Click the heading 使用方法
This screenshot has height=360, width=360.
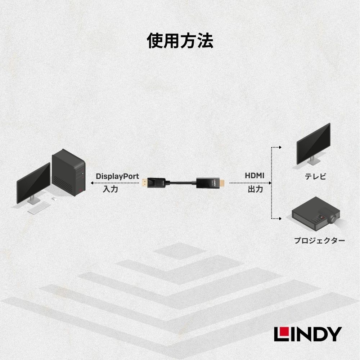[x=180, y=41]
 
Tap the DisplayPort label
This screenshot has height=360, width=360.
[x=117, y=176]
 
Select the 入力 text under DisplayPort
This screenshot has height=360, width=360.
[x=110, y=189]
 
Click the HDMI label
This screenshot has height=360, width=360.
[x=255, y=176]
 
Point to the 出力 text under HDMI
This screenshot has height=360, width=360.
[x=255, y=189]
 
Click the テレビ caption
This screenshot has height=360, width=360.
[x=315, y=176]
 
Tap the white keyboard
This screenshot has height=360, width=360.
[x=39, y=208]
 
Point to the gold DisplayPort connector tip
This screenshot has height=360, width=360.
[x=144, y=183]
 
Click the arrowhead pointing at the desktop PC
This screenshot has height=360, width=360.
[x=92, y=183]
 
